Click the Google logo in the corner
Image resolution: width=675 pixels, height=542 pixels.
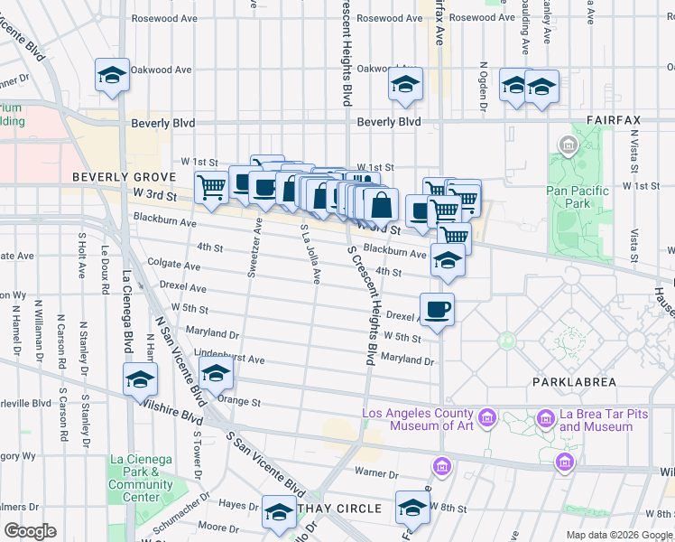pos(29,531)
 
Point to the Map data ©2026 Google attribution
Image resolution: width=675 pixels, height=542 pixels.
pos(619,535)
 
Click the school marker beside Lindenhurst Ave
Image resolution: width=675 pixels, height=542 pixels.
pos(215,372)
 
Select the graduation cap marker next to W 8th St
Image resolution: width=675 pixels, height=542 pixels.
pos(412,508)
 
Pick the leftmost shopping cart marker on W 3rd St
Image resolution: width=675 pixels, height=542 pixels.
pos(211,187)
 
